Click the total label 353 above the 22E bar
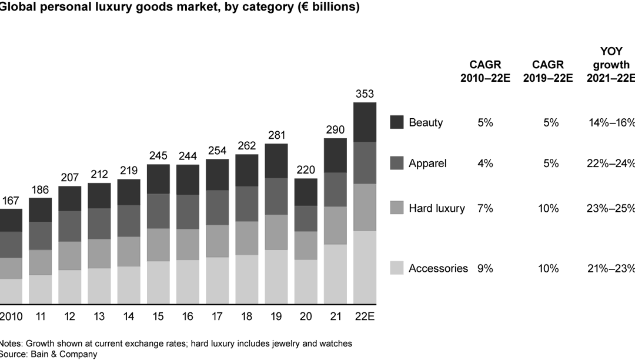[x=365, y=94]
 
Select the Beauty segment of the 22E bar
[x=365, y=122]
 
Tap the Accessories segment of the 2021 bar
[x=335, y=274]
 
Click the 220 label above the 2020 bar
[x=306, y=170]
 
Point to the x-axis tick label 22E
[x=365, y=316]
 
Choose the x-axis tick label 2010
[x=11, y=316]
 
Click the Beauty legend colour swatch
[x=397, y=122]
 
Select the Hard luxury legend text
[x=436, y=208]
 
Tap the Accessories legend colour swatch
[x=397, y=268]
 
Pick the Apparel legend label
[x=427, y=163]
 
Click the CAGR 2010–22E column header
[x=485, y=71]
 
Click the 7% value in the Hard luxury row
[x=485, y=208]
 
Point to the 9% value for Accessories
[x=485, y=268]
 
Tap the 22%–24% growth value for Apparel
[x=611, y=163]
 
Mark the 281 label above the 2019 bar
[x=276, y=135]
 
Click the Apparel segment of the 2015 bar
[x=158, y=211]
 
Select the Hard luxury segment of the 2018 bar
[x=247, y=238]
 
